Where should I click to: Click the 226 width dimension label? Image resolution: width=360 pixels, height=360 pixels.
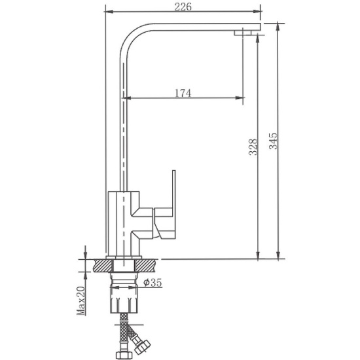[x=183, y=7]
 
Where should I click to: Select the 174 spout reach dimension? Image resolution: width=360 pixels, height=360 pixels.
[x=183, y=93]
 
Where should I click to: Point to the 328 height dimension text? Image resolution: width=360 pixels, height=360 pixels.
[x=253, y=147]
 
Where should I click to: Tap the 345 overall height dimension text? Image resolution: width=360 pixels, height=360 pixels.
[x=273, y=141]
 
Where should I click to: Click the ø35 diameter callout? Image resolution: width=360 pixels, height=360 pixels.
[x=153, y=282]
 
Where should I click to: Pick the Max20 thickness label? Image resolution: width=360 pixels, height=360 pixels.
[x=81, y=301]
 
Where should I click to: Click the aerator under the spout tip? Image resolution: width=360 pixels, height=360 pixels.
[x=243, y=33]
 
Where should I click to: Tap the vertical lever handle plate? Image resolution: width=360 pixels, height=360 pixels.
[x=174, y=204]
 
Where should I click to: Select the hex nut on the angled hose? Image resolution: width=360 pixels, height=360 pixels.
[x=142, y=346]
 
